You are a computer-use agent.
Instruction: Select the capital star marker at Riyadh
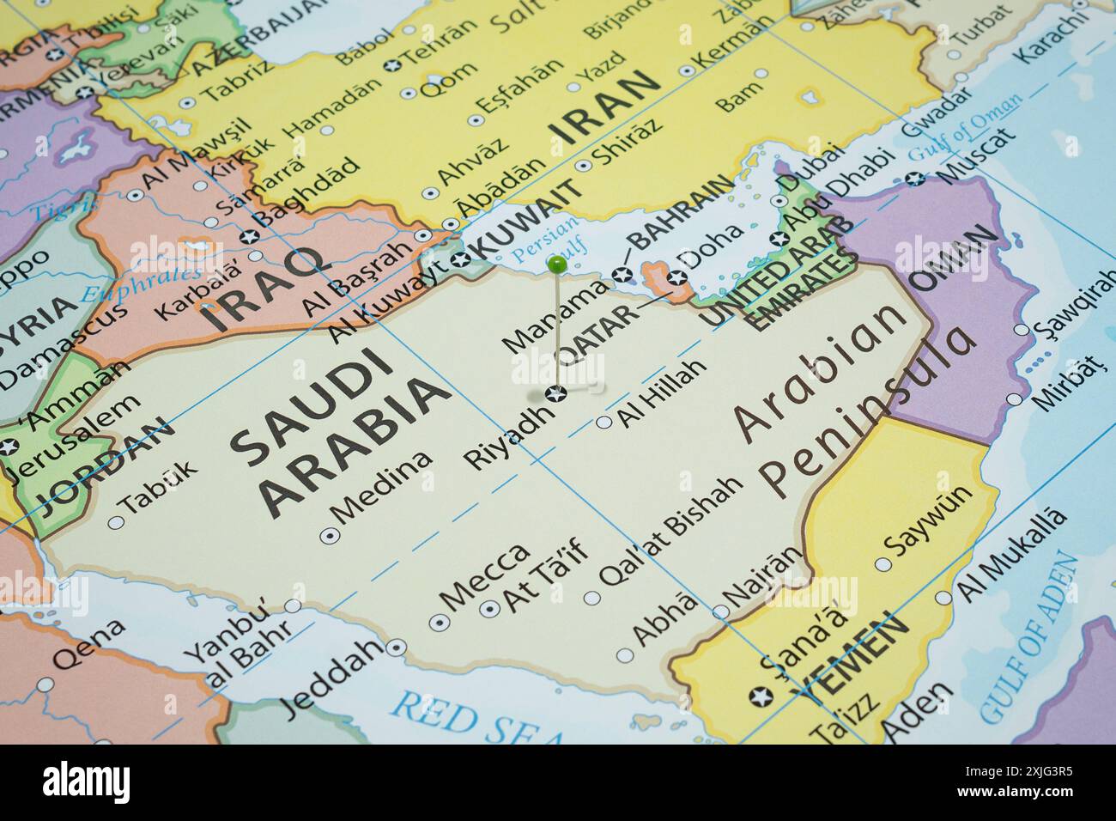click(555, 394)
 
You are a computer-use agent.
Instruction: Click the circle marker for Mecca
click(440, 622)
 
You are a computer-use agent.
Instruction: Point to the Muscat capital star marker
click(916, 179)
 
